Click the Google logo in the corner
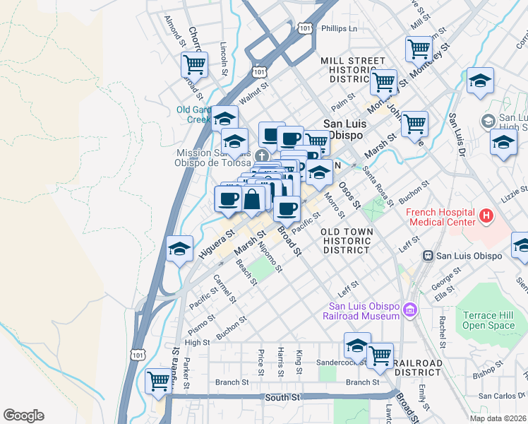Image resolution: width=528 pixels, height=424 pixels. [23, 416]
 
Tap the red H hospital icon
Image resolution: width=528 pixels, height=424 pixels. [486, 215]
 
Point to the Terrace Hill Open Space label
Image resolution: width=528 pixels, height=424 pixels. [490, 319]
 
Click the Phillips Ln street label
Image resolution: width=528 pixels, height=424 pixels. [339, 29]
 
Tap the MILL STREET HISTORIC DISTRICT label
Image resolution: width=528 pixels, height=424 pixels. [352, 70]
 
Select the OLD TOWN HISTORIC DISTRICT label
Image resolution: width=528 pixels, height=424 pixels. [345, 241]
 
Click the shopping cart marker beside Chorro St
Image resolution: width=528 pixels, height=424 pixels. [193, 65]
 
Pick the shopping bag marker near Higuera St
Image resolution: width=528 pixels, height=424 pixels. [252, 199]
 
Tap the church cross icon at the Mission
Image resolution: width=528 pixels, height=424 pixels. [262, 155]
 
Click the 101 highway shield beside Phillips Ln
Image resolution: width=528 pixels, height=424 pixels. [304, 28]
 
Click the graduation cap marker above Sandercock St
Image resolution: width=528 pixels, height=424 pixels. [357, 346]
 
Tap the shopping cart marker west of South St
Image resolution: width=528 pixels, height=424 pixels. [158, 382]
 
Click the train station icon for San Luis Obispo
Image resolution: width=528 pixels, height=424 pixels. [427, 255]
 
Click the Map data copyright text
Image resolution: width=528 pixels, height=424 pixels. [498, 418]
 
